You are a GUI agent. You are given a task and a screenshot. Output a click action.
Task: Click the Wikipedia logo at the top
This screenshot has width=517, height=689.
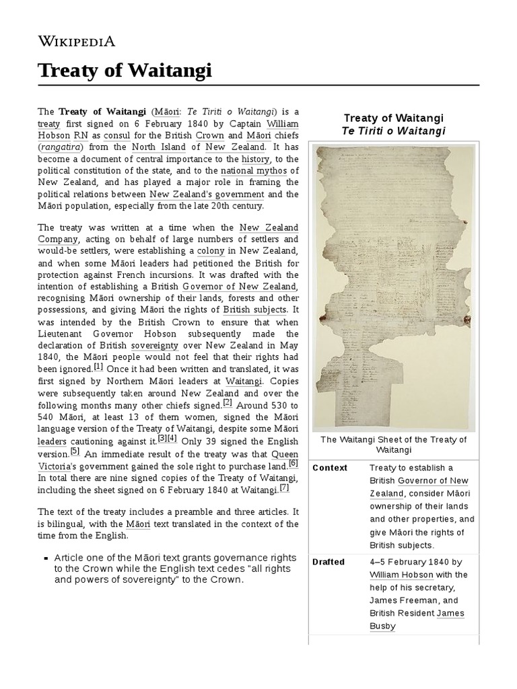coord(76,41)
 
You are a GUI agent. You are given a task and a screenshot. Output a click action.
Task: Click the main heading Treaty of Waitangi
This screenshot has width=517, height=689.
coord(125,69)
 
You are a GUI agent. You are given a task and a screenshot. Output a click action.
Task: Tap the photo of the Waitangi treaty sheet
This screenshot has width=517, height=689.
coord(393,287)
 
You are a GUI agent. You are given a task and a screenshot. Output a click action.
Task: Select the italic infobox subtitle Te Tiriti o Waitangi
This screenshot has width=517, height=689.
coord(393,131)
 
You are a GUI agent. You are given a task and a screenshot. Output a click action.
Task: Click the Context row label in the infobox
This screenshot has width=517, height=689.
coord(329,468)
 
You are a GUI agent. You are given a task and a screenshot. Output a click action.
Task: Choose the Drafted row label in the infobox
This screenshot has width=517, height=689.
coord(329,562)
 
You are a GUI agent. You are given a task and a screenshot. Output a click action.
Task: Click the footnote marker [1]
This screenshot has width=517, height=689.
coord(98,367)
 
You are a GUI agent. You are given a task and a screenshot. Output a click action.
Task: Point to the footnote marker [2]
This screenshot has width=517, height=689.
coord(228,403)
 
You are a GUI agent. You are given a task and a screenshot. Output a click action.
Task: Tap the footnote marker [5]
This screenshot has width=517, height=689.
coord(75,451)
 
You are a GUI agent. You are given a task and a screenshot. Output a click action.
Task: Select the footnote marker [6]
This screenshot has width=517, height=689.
coord(293,464)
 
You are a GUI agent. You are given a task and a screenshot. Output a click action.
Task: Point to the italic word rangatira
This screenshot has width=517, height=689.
coord(61,147)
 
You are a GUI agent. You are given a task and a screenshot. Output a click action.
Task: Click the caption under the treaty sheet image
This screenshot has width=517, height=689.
coord(393,445)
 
